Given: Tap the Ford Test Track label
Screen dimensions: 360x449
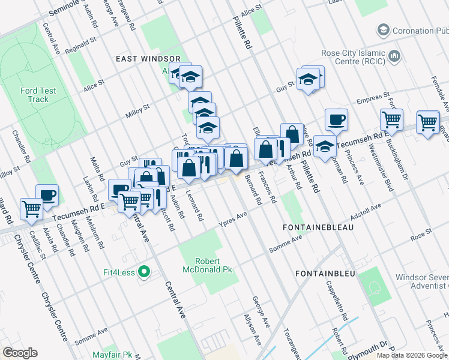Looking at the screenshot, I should pyautogui.click(x=38, y=95).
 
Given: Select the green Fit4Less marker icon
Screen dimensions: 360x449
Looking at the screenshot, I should pyautogui.click(x=143, y=272).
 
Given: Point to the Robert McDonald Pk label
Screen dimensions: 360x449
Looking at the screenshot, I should pyautogui.click(x=208, y=266).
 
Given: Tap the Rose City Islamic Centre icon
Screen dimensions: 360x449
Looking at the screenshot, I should pyautogui.click(x=394, y=56).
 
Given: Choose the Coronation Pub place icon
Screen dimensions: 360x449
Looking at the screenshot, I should pyautogui.click(x=382, y=30).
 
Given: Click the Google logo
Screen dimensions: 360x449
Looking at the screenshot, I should pyautogui.click(x=20, y=353).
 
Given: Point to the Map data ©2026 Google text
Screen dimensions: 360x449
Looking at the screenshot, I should pyautogui.click(x=412, y=355).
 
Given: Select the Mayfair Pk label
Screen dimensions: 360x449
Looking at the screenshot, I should pyautogui.click(x=113, y=355).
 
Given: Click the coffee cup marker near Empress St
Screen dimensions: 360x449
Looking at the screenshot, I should pyautogui.click(x=336, y=119).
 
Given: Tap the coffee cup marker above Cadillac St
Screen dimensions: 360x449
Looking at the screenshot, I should pyautogui.click(x=47, y=194).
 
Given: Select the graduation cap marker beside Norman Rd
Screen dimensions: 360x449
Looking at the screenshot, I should pyautogui.click(x=324, y=146).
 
